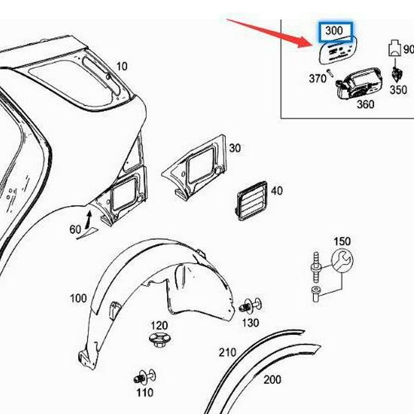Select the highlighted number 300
[x=333, y=32]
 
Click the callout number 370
[x=317, y=78]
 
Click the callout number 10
[x=122, y=66]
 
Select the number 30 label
[x=235, y=148]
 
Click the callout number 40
[x=276, y=191]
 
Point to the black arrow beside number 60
[x=88, y=220]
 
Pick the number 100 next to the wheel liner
[x=78, y=299]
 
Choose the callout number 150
[x=342, y=242]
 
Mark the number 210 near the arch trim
[x=227, y=352]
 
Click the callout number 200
[x=272, y=380]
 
